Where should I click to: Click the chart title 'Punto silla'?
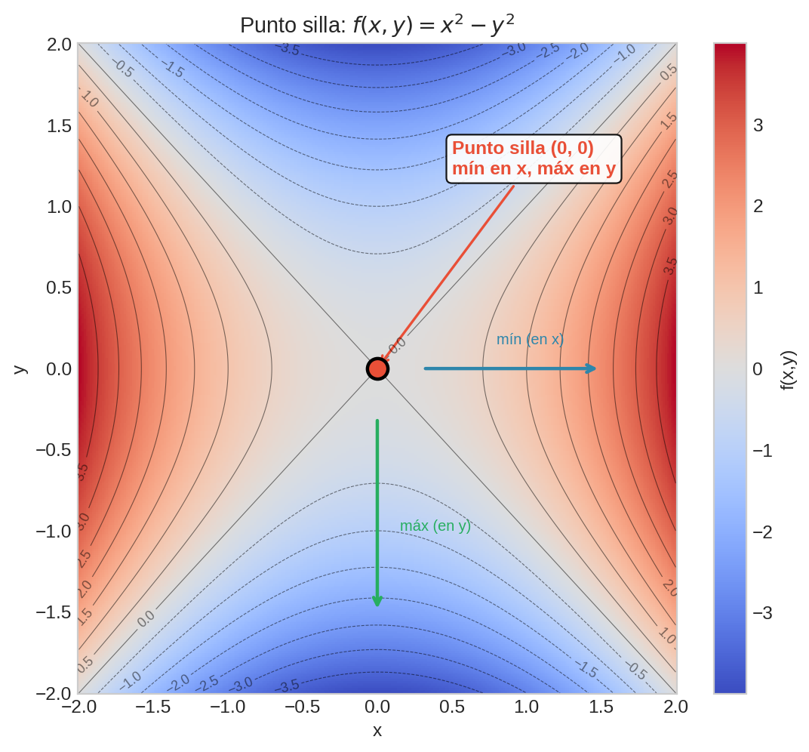pyautogui.click(x=377, y=25)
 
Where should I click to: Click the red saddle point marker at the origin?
pyautogui.click(x=377, y=368)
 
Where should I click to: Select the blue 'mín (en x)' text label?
pyautogui.click(x=530, y=340)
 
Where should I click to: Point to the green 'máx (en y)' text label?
pyautogui.click(x=435, y=526)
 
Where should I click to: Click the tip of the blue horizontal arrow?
pyautogui.click(x=595, y=368)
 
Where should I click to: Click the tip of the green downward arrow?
pyautogui.click(x=377, y=606)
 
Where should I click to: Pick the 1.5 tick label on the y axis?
pyautogui.click(x=59, y=125)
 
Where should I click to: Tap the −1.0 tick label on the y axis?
pyautogui.click(x=54, y=532)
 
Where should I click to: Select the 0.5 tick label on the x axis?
pyautogui.click(x=451, y=707)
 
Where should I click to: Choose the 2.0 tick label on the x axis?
pyautogui.click(x=675, y=707)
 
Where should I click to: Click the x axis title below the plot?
pyautogui.click(x=377, y=731)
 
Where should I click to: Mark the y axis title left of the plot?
pyautogui.click(x=20, y=368)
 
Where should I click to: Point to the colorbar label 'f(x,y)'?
pyautogui.click(x=787, y=369)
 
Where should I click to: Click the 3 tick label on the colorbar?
pyautogui.click(x=758, y=125)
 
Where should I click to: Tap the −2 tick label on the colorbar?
pyautogui.click(x=762, y=532)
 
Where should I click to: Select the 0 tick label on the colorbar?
pyautogui.click(x=758, y=369)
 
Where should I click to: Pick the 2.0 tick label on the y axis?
pyautogui.click(x=59, y=45)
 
